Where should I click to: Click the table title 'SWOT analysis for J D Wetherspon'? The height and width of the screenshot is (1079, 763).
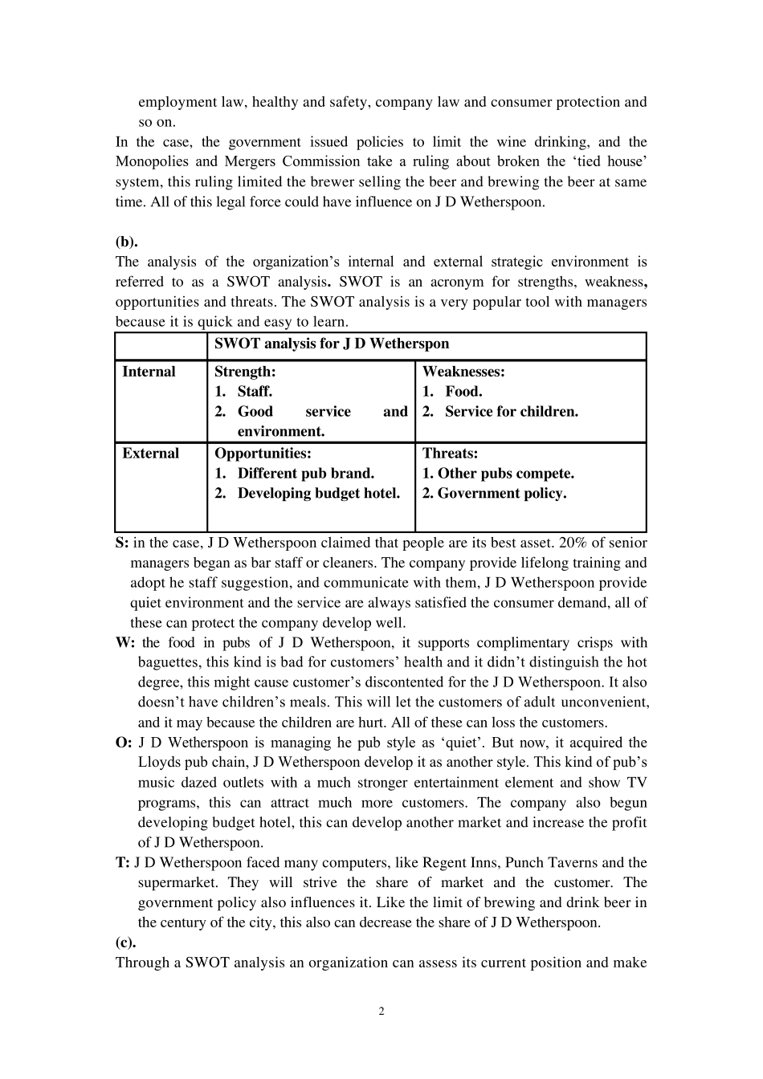click(x=331, y=344)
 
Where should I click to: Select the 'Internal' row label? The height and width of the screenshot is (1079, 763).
click(x=149, y=372)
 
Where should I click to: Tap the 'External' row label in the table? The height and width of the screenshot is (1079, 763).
click(x=150, y=454)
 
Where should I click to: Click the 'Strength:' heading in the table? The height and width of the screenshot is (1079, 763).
click(x=245, y=372)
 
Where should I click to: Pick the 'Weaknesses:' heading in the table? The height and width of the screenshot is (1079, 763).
click(x=463, y=372)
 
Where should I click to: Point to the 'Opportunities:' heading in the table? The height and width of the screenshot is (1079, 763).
click(x=263, y=454)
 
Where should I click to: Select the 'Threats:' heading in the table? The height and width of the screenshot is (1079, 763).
click(x=450, y=454)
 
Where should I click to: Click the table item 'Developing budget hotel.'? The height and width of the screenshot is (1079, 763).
click(x=318, y=494)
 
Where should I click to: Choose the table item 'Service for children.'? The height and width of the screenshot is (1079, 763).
click(x=512, y=412)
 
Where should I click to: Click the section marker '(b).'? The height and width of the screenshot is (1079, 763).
click(x=126, y=242)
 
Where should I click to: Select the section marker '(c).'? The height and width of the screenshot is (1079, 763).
click(x=125, y=943)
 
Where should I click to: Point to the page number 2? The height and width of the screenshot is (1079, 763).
click(x=381, y=1012)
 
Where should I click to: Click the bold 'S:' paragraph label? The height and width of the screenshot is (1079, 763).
click(x=122, y=543)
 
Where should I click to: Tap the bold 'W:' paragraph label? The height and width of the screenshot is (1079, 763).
click(x=125, y=643)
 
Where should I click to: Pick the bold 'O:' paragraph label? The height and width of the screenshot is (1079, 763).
click(x=124, y=743)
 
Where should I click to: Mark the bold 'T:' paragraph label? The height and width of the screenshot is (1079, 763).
click(x=122, y=863)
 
